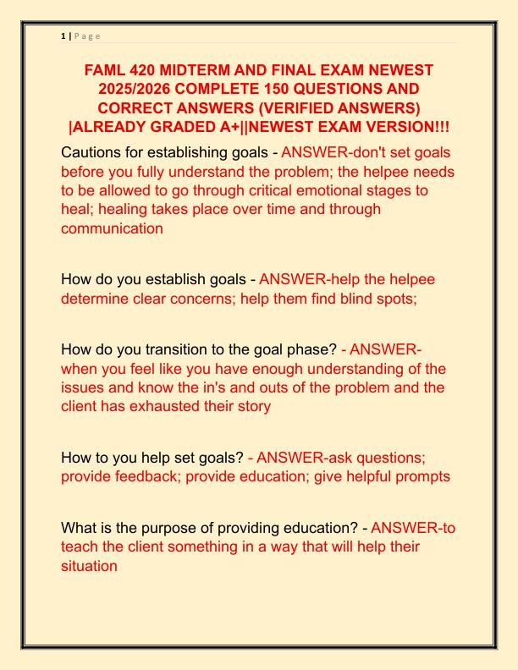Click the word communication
pyautogui.click(x=112, y=228)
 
